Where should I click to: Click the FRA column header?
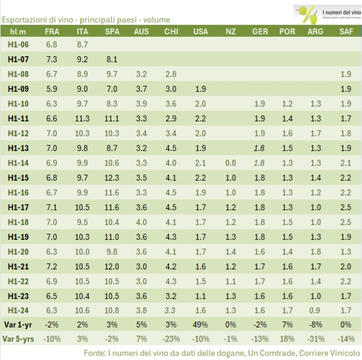[52, 31]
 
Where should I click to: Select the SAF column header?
[346, 31]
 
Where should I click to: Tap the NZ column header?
[231, 31]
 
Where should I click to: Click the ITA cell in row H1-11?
[82, 118]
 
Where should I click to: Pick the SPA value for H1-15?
[112, 178]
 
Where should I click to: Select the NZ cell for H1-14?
[231, 163]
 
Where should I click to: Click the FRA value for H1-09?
[52, 89]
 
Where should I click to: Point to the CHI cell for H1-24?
[171, 311]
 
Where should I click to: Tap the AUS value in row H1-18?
[142, 222]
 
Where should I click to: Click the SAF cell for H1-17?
[346, 207]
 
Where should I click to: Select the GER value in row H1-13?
[260, 148]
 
